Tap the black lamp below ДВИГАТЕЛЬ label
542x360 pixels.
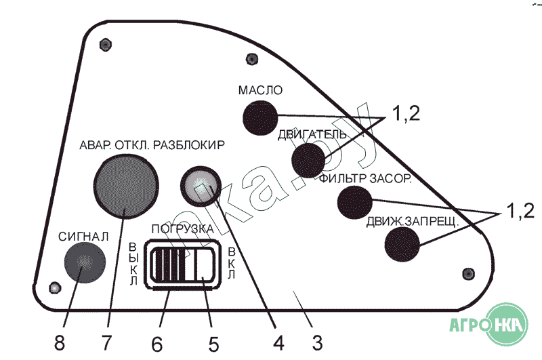tap(308, 161)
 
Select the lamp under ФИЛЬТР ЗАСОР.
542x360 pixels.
tap(354, 201)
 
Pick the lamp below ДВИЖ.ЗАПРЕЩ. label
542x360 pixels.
tap(402, 244)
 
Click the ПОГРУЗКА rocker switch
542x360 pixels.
tap(182, 265)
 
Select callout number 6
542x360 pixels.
tap(157, 342)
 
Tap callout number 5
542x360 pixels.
tap(214, 342)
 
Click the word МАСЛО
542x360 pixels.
tap(259, 90)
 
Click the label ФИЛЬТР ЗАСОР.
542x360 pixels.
tap(367, 179)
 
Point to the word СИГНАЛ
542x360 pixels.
tap(83, 237)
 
